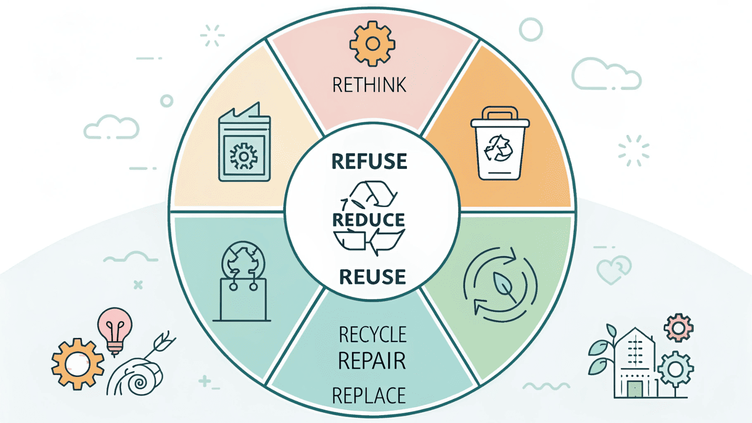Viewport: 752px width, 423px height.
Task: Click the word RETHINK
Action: [369, 85]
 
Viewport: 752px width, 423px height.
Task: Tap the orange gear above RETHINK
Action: [372, 44]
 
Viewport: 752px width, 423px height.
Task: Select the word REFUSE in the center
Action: [369, 162]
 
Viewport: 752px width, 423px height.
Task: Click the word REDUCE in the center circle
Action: [369, 220]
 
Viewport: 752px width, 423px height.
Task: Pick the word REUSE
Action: [372, 277]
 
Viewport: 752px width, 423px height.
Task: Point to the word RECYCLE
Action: [372, 335]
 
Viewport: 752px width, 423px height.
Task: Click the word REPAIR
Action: [372, 361]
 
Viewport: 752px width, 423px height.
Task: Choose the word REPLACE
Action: [369, 396]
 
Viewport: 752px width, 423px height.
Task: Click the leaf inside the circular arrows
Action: [502, 287]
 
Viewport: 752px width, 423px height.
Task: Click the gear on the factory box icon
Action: [244, 157]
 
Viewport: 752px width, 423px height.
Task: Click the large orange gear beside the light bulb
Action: [77, 364]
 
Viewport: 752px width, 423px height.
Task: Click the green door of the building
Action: [635, 389]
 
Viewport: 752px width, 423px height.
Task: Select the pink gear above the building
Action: [679, 327]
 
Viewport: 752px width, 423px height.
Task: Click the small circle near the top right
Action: [531, 29]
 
